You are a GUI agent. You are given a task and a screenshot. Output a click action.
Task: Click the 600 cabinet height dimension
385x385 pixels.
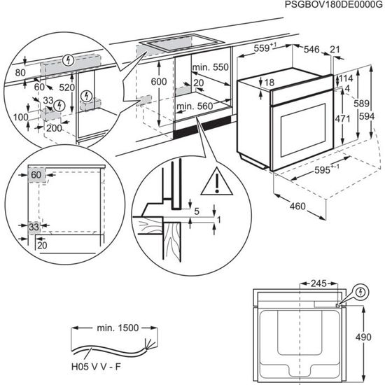coord(160,83)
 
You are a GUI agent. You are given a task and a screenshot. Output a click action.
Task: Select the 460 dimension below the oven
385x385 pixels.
coord(298,206)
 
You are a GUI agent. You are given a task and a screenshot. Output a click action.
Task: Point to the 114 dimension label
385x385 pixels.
coord(346,78)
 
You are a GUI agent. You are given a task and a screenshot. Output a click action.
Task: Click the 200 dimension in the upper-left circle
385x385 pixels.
coord(54,129)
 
